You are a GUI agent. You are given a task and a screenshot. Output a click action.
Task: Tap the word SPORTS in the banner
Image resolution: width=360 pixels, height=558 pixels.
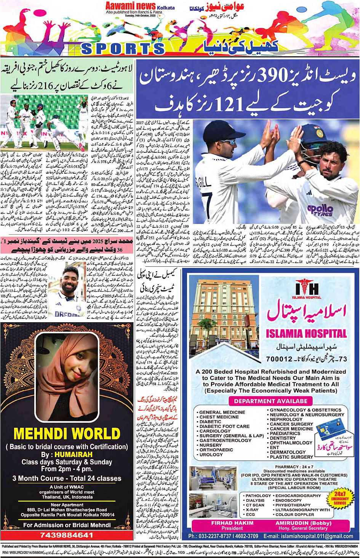coord(123,48)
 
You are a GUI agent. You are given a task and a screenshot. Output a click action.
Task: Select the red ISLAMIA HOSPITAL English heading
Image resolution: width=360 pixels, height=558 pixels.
coord(306,334)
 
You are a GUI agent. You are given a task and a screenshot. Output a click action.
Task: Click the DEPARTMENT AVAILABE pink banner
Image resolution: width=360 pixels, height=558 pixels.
coord(270,401)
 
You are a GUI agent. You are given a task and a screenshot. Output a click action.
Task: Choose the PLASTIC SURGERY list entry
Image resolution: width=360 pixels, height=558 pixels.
coord(291,457)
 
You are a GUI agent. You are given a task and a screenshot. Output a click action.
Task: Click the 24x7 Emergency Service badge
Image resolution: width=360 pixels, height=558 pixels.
coord(340,498)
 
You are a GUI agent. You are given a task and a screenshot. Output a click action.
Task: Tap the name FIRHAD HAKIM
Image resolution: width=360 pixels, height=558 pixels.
coord(232,523)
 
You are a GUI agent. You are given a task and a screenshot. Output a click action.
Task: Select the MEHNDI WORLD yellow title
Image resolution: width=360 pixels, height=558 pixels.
coord(67,434)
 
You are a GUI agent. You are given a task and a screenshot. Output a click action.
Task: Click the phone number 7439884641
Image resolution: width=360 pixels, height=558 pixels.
coord(67,535)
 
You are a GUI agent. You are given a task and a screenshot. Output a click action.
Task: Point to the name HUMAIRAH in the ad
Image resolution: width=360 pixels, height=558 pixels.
coord(73,454)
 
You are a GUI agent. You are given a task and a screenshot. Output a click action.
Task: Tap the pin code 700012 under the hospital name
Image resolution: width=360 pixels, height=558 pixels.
coord(279,358)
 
